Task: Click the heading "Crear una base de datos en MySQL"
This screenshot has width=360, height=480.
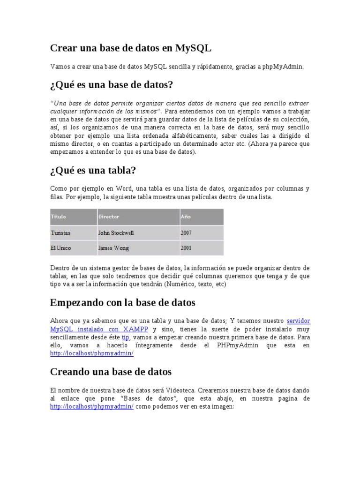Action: click(x=131, y=48)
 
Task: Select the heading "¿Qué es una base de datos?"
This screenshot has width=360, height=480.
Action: click(x=112, y=85)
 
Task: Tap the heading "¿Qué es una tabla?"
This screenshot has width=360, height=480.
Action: click(x=93, y=170)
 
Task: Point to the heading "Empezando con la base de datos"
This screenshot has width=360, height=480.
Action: click(x=122, y=302)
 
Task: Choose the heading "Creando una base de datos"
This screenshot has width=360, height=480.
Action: click(x=111, y=372)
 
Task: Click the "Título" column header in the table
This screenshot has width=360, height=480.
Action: click(x=59, y=217)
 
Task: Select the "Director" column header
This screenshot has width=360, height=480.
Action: click(x=109, y=217)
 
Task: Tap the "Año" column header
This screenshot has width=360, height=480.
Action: click(x=186, y=217)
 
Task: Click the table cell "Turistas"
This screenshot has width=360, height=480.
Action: click(x=61, y=232)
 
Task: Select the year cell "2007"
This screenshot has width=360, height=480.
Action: click(x=186, y=232)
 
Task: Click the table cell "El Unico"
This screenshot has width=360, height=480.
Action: click(x=61, y=248)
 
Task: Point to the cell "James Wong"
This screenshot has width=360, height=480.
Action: click(x=113, y=248)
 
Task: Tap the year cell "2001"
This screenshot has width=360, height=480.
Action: click(x=186, y=248)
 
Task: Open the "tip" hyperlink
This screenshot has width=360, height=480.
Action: click(x=125, y=337)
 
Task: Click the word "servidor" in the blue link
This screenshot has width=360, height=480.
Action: click(x=298, y=321)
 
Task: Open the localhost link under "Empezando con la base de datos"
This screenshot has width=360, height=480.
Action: click(x=92, y=354)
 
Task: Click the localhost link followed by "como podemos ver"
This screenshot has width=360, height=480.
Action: click(x=92, y=407)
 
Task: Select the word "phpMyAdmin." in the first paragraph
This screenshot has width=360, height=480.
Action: click(x=283, y=67)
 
